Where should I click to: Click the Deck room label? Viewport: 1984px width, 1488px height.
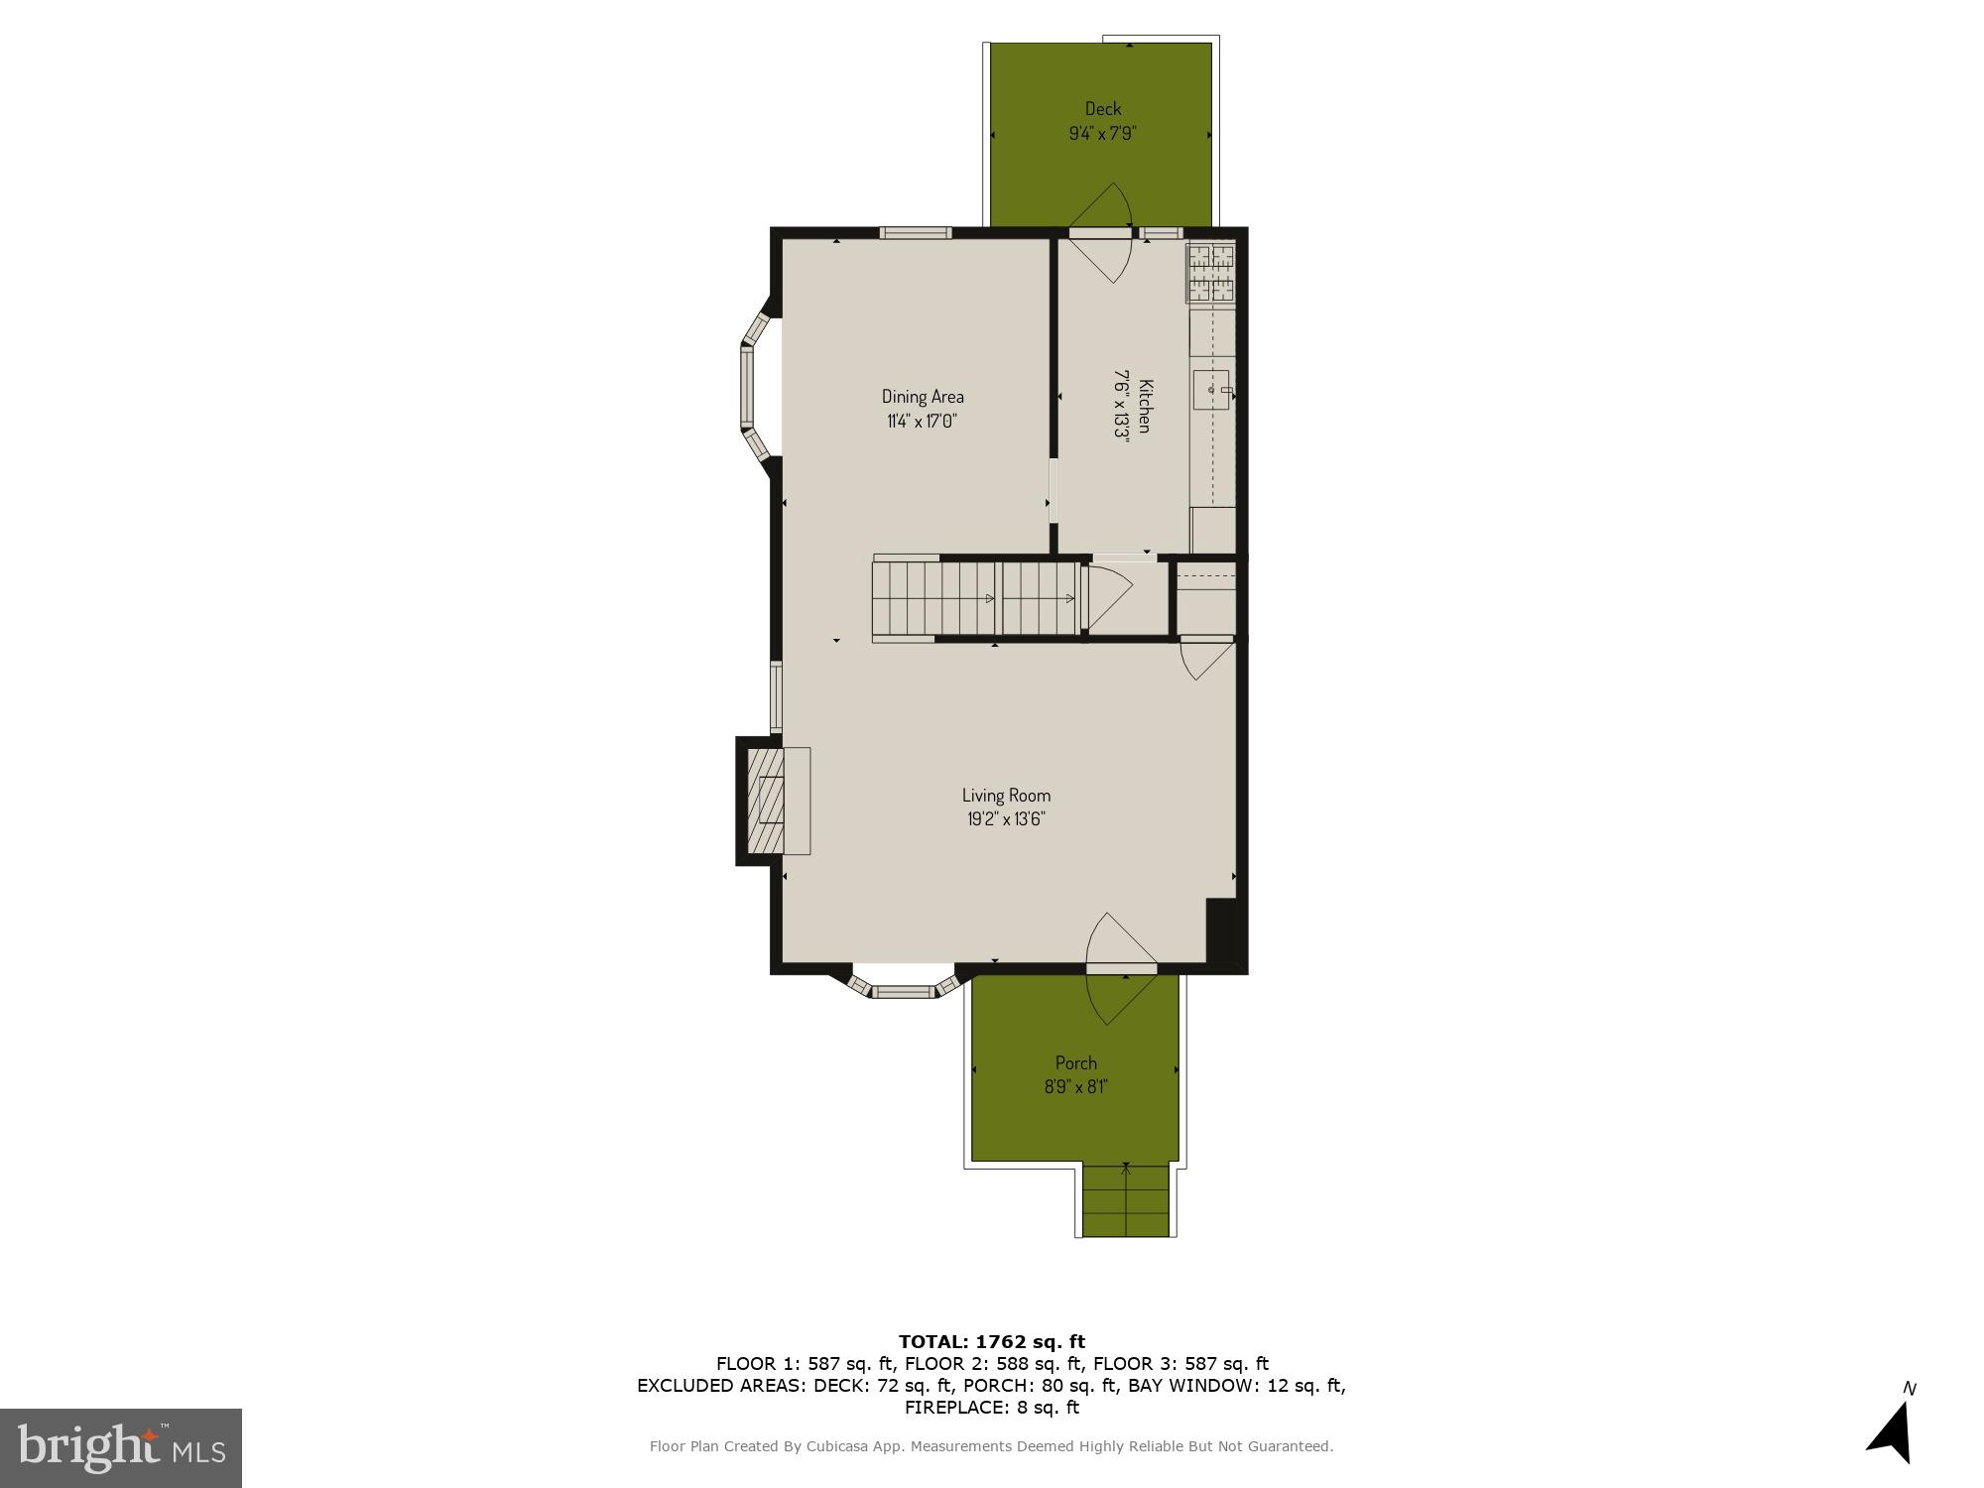tap(1102, 109)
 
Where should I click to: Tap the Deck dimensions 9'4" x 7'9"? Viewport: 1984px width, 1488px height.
tap(1102, 133)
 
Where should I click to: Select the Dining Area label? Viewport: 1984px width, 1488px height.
tap(923, 397)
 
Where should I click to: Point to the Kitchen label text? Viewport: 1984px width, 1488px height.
tap(1144, 406)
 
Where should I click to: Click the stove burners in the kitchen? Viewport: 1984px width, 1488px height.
tap(1211, 273)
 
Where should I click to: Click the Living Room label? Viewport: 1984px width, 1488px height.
tap(1006, 796)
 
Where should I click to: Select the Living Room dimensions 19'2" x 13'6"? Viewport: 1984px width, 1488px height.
tap(1006, 819)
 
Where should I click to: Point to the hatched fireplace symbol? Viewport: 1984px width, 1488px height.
tap(766, 801)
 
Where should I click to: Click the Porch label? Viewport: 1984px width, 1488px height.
tap(1076, 1063)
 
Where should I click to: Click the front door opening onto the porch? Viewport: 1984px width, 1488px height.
tap(1122, 966)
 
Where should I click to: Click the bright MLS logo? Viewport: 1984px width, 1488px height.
tap(121, 1447)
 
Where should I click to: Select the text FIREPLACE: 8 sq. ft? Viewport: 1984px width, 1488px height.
tap(992, 1408)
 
